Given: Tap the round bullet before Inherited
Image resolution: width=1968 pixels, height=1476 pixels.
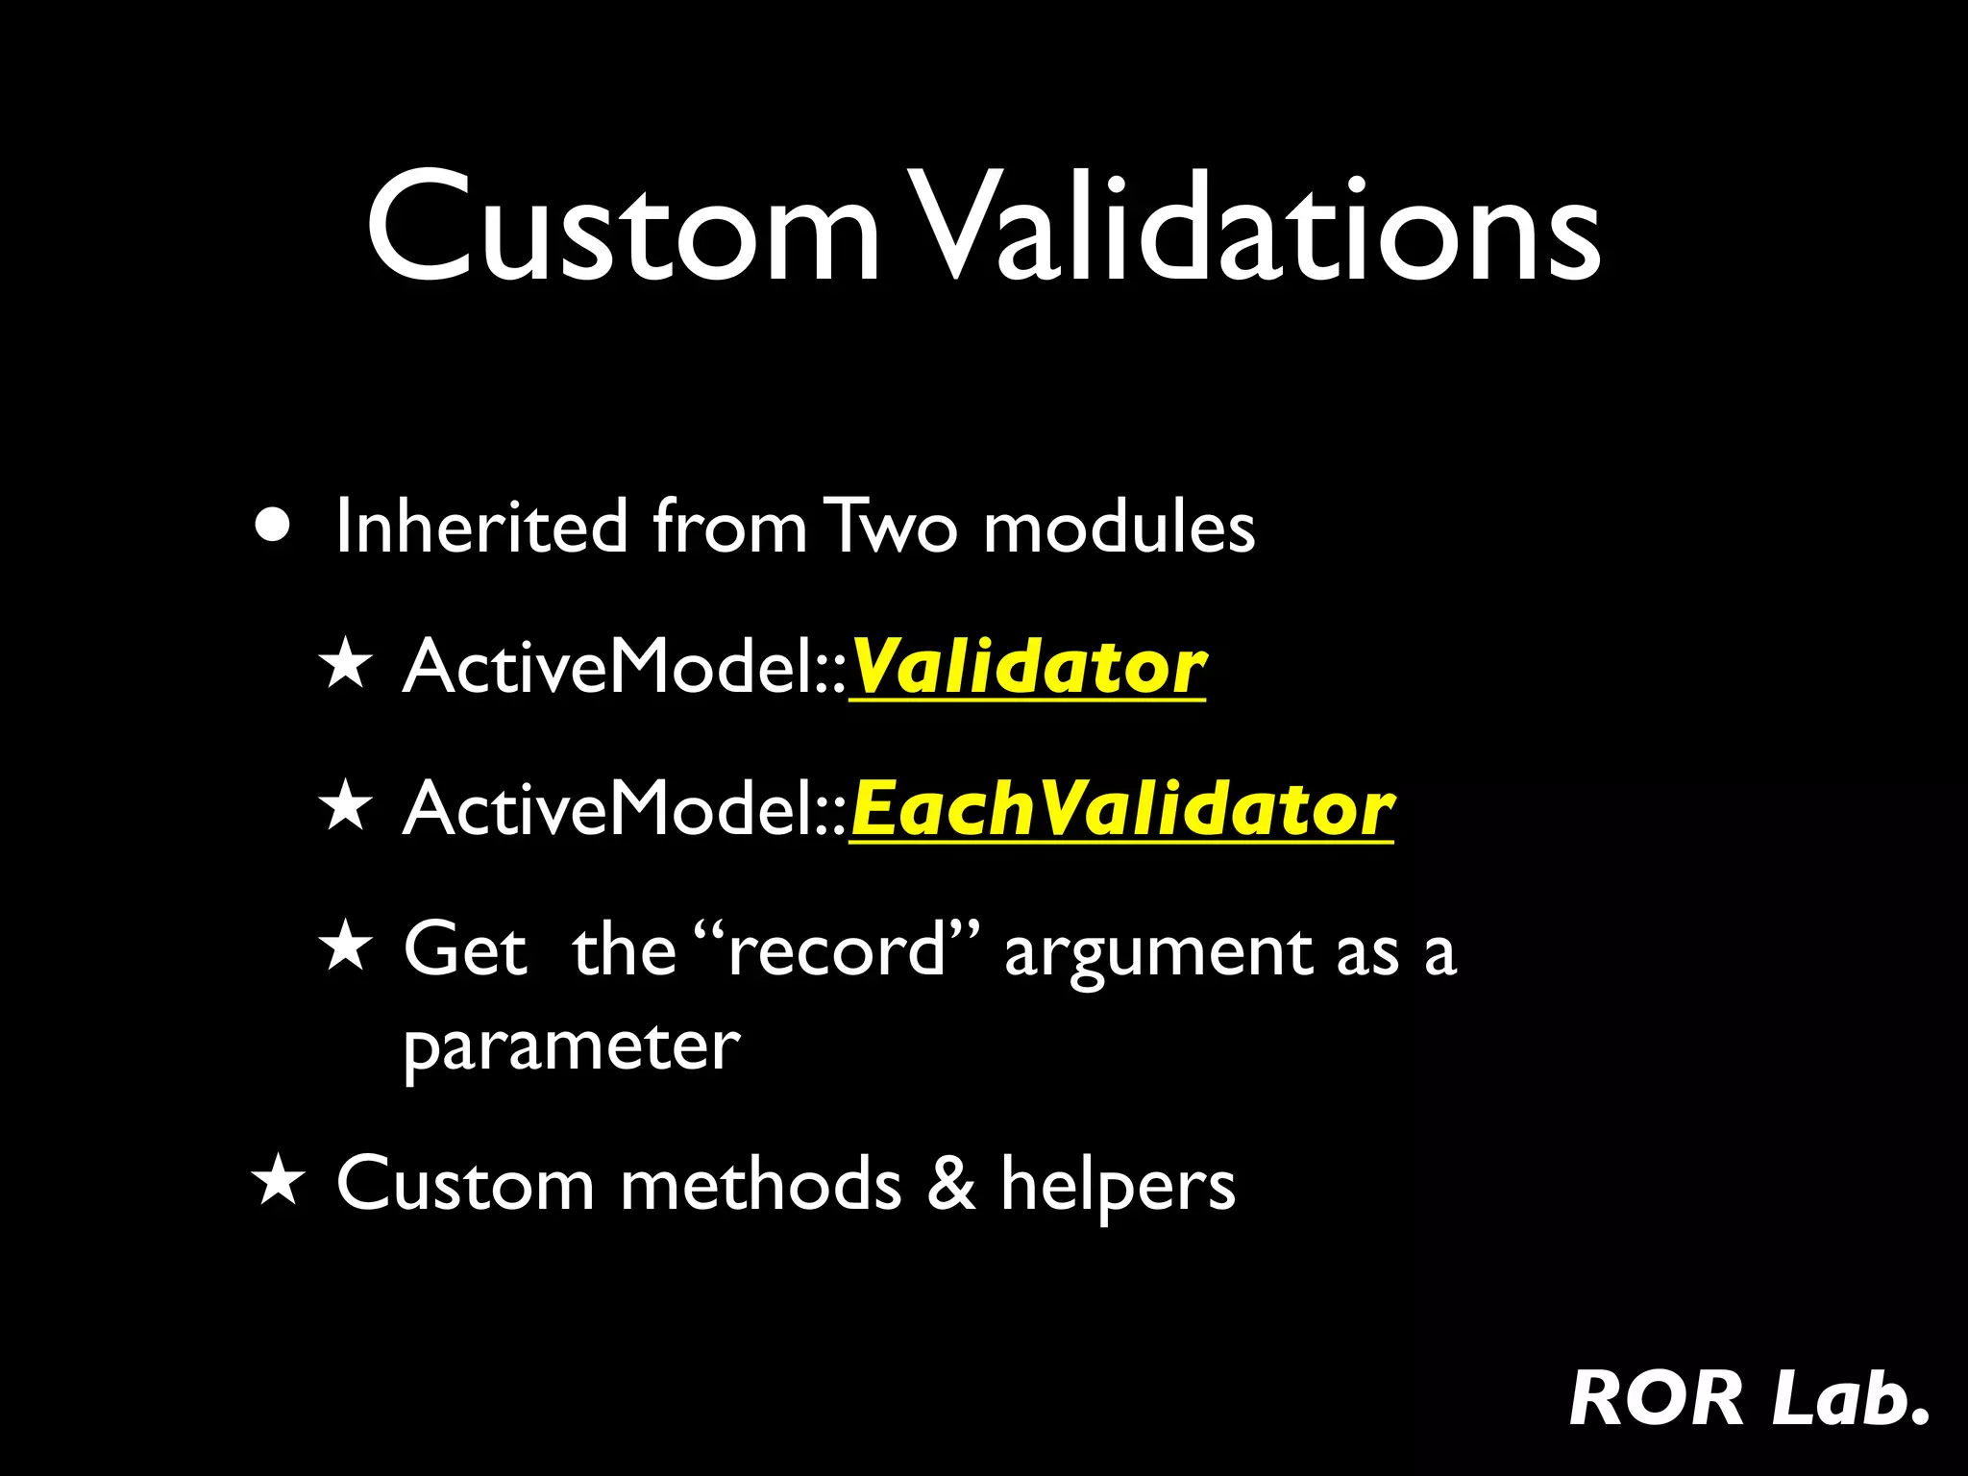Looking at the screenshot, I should click(274, 526).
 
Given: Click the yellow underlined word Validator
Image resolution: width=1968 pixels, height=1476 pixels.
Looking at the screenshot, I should click(1027, 667).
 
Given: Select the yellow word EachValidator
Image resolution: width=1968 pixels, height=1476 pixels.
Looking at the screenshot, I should click(1121, 809).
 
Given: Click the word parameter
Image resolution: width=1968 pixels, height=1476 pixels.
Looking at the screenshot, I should click(572, 1047).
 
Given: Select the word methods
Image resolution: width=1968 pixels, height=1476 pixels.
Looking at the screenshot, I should click(760, 1184).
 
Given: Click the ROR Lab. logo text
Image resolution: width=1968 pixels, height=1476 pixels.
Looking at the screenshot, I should click(1748, 1398).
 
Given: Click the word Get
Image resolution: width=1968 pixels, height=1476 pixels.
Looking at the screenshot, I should click(465, 950).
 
